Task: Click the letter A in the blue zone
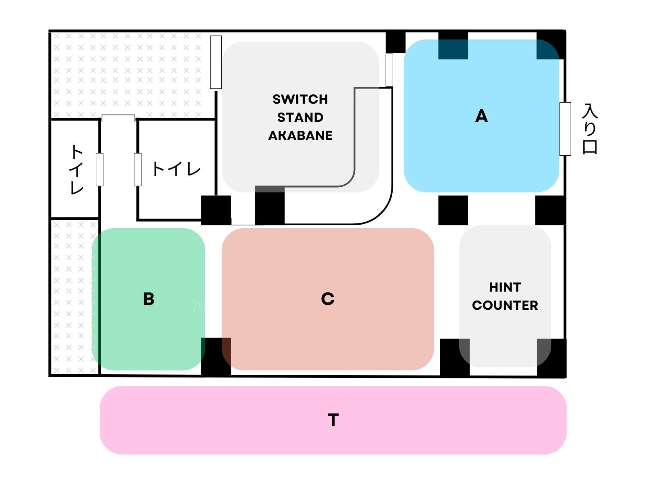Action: pos(481,116)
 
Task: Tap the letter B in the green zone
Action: pos(148,299)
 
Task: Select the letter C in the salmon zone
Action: pos(328,299)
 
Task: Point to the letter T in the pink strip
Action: pos(333,420)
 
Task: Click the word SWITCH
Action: pos(300,99)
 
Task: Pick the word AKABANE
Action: pos(300,136)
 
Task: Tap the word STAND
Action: pos(300,117)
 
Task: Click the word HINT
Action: pos(505,287)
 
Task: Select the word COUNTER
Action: pos(505,305)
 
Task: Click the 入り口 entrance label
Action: pos(590,129)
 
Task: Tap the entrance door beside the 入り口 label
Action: pos(565,129)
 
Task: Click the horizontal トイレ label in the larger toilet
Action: pos(176,169)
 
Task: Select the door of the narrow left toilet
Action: pos(100,169)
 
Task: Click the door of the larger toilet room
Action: pos(138,169)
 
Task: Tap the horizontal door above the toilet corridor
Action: pos(118,118)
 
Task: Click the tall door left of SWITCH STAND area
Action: pos(216,62)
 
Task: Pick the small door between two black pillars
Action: pos(243,221)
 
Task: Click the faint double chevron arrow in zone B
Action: pos(199,306)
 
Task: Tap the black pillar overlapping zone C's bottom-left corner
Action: pos(216,357)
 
